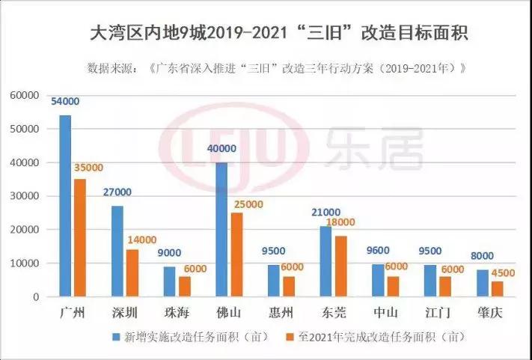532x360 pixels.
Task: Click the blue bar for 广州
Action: pos(65,206)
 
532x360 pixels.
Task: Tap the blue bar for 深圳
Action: pos(117,251)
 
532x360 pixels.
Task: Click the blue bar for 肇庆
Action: pos(482,283)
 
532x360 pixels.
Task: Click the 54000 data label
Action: pos(65,102)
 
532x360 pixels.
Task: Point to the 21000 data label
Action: pos(326,213)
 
